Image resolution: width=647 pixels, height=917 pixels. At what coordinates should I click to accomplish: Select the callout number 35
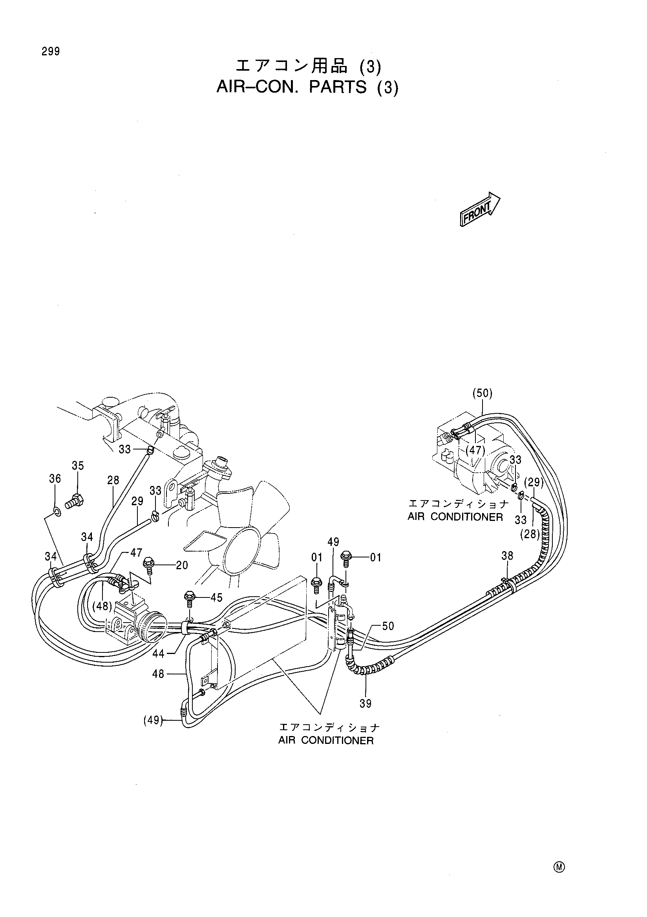click(78, 465)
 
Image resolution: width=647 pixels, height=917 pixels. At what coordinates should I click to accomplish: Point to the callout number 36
click(55, 479)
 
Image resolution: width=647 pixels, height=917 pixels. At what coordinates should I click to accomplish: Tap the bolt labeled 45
click(189, 600)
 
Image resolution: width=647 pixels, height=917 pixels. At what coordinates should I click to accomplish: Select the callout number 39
click(366, 704)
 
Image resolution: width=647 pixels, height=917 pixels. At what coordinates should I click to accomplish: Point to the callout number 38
click(507, 555)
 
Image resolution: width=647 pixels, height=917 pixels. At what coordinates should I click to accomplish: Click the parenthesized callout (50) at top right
click(482, 393)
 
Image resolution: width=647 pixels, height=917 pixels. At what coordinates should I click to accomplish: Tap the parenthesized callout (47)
click(475, 451)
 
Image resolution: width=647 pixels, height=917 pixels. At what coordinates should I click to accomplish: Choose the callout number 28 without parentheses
click(113, 480)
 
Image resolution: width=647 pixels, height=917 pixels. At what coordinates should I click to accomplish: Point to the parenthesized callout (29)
click(533, 482)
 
